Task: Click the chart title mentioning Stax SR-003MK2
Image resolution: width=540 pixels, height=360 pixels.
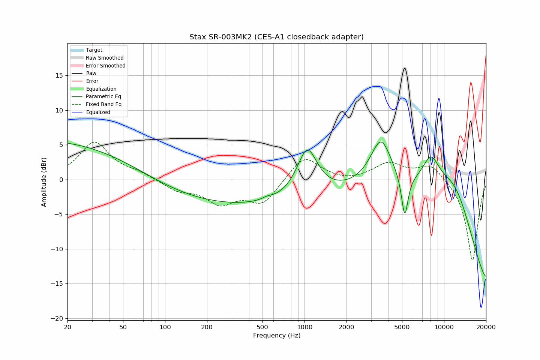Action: tap(276, 37)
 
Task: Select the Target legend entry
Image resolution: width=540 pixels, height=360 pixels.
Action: tap(94, 50)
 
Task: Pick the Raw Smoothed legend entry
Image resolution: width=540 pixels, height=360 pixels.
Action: tap(104, 58)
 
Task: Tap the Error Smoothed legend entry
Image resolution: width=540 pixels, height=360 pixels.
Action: tap(105, 66)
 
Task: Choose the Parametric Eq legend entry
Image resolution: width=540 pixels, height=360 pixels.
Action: tap(103, 96)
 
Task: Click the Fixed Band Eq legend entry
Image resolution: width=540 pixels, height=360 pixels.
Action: tap(103, 104)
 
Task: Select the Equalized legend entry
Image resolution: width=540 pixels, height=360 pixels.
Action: tap(98, 112)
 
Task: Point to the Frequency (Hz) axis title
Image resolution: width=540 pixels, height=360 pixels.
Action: tap(276, 335)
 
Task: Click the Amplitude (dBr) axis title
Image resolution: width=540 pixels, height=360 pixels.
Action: tap(44, 182)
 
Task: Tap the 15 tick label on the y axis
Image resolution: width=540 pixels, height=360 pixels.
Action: tap(59, 75)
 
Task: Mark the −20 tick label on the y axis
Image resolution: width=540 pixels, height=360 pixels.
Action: tap(57, 318)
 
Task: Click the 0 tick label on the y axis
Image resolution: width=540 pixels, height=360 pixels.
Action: tap(61, 180)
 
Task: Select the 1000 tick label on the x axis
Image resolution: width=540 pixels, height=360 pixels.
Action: tap(304, 327)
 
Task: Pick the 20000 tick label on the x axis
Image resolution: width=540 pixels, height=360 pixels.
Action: tap(486, 327)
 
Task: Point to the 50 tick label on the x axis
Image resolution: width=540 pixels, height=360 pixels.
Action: tap(123, 327)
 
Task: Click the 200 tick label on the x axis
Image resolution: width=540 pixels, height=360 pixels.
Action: tap(207, 327)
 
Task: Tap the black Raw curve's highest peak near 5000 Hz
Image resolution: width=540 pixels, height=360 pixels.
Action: tap(405, 68)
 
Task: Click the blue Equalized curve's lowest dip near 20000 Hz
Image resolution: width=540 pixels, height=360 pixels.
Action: tap(481, 307)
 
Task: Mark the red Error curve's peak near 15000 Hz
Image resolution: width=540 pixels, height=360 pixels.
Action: tap(471, 82)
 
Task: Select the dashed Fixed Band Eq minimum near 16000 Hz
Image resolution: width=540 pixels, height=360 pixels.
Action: tap(472, 259)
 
